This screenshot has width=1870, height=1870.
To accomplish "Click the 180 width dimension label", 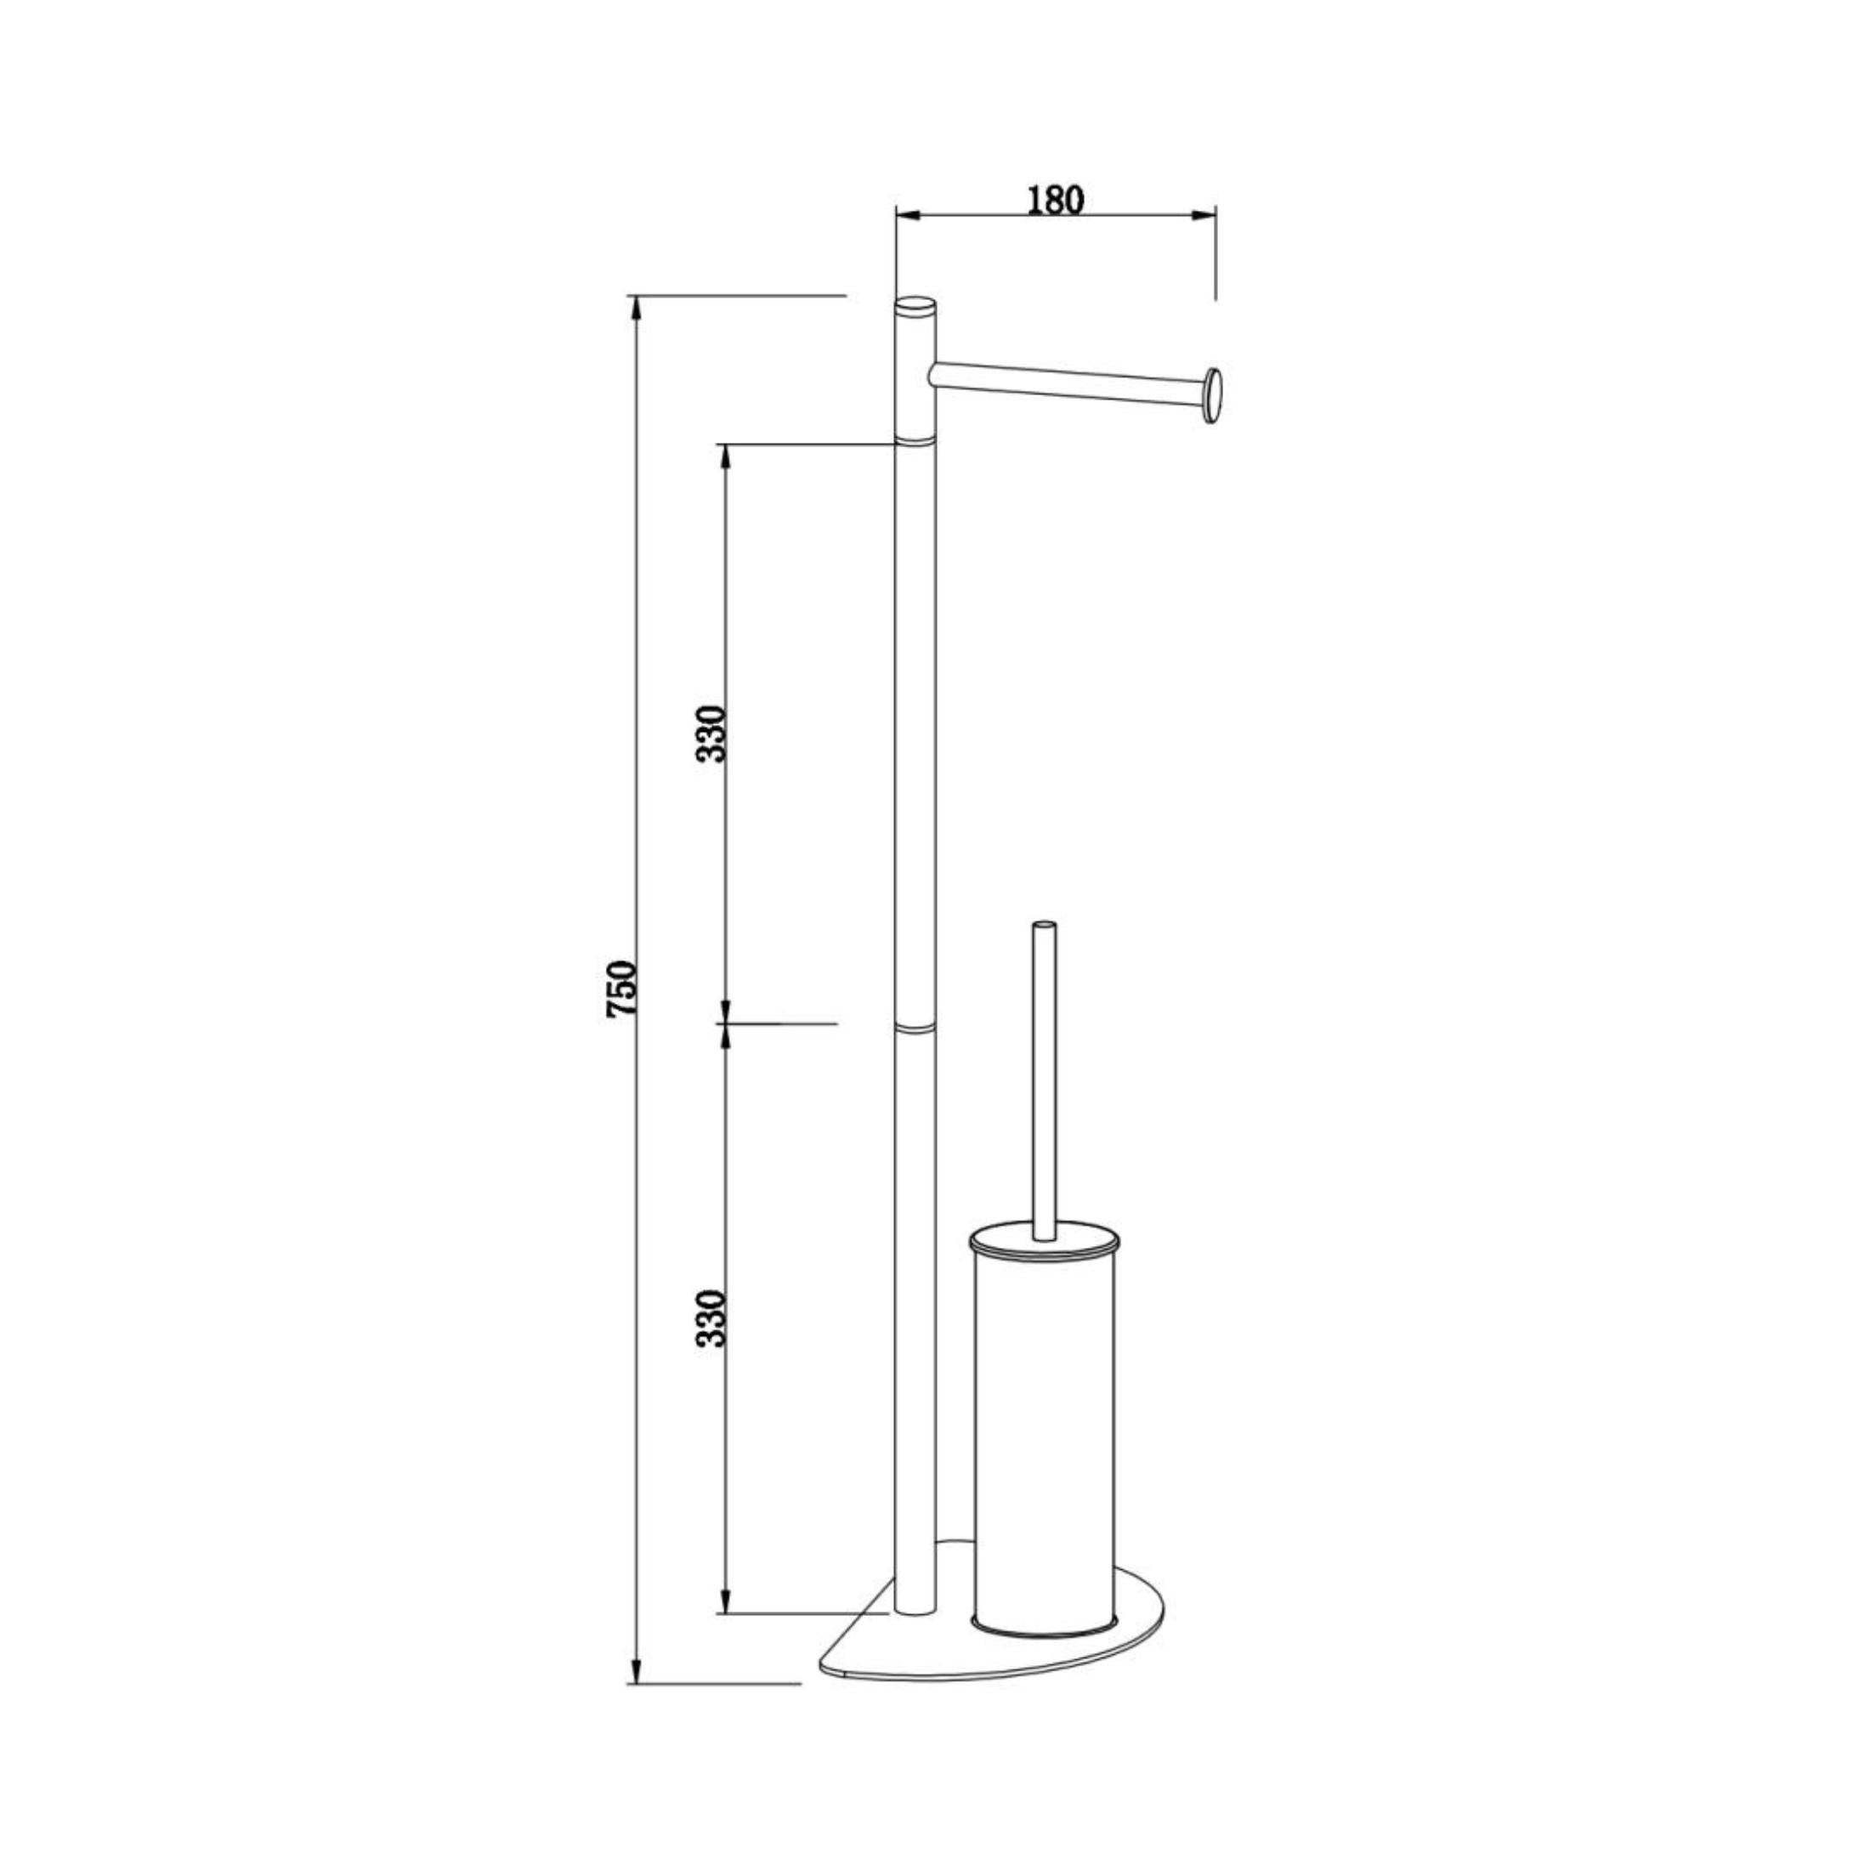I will click(x=1055, y=200).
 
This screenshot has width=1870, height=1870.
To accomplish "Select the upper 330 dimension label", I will click(x=712, y=734).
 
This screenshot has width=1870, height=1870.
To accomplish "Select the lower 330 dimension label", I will click(x=712, y=1318).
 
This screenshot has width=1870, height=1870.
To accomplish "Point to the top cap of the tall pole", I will click(x=915, y=307).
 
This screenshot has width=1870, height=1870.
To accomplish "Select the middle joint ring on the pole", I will click(x=915, y=1026).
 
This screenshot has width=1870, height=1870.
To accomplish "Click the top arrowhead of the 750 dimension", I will click(x=636, y=308).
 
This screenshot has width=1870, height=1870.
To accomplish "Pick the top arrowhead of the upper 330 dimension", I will click(x=722, y=456).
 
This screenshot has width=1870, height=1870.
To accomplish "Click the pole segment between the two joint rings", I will click(x=915, y=735).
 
